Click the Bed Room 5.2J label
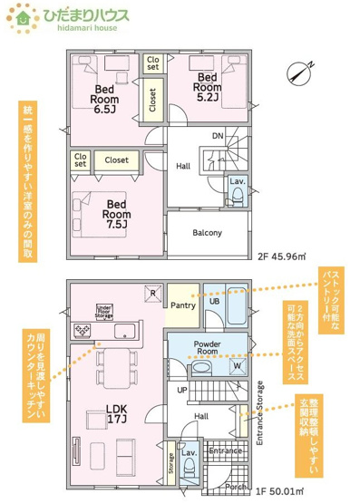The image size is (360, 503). point(209,85)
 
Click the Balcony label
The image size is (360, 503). point(208,232)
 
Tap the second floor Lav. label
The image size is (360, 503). point(237,181)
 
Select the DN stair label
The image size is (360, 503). point(218,137)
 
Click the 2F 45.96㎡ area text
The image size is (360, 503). point(281,256)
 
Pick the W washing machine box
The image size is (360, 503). point(237,367)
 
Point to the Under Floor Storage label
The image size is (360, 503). point(104,313)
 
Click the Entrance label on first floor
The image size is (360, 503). point(224,450)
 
